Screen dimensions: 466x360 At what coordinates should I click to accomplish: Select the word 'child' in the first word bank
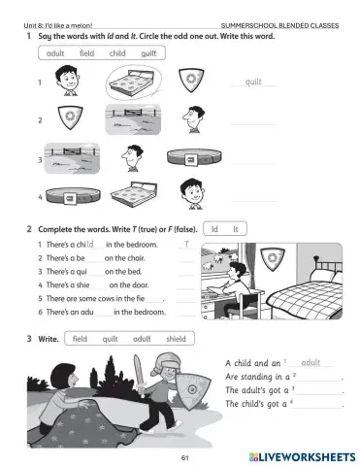[x=117, y=53]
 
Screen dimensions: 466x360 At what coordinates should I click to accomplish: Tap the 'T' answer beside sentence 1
[x=185, y=243]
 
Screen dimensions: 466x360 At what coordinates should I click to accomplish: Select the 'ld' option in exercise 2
[x=214, y=228]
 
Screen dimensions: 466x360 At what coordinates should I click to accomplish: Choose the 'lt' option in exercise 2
[x=235, y=228]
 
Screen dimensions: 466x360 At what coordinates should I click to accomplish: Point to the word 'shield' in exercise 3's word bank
[x=176, y=339]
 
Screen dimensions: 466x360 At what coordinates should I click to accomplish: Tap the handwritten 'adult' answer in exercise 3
[x=311, y=361]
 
